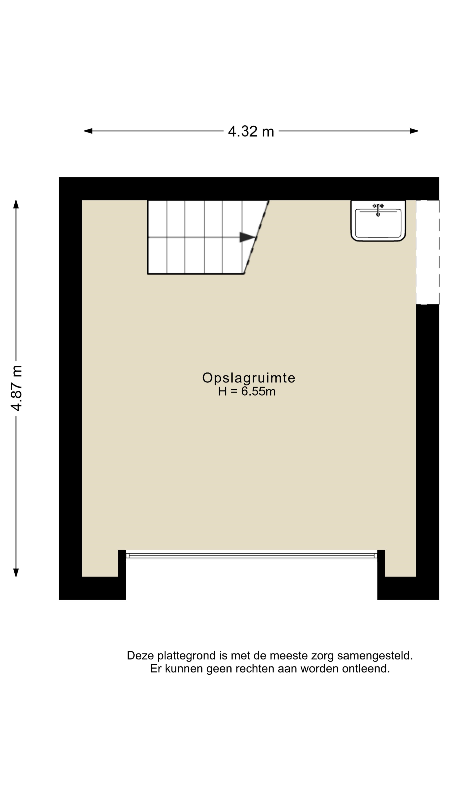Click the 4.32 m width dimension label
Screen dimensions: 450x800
click(251, 131)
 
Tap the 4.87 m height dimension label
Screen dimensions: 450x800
click(16, 388)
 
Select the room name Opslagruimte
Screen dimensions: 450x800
click(249, 378)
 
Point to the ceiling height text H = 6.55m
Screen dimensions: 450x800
click(247, 391)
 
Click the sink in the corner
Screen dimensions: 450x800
click(378, 220)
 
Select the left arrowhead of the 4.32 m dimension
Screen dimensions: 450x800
click(88, 131)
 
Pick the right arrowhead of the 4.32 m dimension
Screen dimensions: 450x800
click(414, 131)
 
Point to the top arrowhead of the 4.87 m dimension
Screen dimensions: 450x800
click(16, 204)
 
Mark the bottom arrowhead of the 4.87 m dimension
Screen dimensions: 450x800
click(16, 572)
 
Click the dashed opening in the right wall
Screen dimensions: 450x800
click(428, 252)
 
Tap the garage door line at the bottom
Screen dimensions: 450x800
click(251, 556)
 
